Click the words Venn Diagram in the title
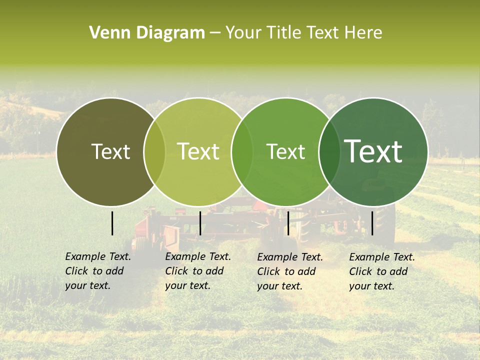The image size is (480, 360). click(147, 33)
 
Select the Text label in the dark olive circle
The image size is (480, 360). click(110, 151)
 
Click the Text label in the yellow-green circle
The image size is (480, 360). click(198, 151)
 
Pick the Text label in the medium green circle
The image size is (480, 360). click(285, 151)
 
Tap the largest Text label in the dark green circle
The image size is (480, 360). click(373, 151)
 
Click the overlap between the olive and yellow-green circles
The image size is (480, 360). click(154, 152)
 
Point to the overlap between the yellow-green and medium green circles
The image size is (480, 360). click(242, 152)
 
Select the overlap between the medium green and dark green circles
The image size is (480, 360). click(329, 152)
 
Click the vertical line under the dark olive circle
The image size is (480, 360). click(112, 223)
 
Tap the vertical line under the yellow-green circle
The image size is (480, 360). click(200, 223)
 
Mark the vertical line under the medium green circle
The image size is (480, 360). click(288, 223)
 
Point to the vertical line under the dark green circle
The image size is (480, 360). click(372, 223)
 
